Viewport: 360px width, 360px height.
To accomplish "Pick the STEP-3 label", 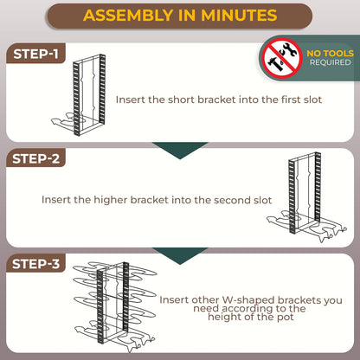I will [x=37, y=263].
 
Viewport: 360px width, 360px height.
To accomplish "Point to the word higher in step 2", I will [x=106, y=199].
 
